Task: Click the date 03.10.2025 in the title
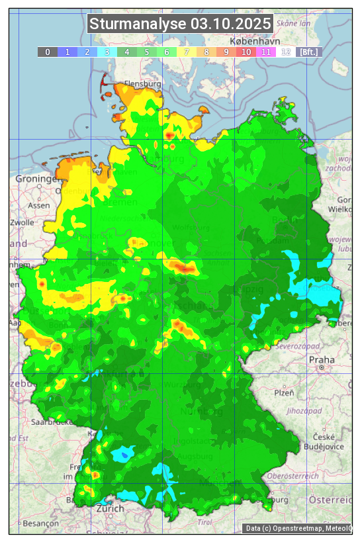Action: (231, 24)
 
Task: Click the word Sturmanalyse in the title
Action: (138, 24)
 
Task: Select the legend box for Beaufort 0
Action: (48, 52)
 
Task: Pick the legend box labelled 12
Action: (286, 52)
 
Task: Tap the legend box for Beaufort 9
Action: (226, 52)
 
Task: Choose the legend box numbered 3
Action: (107, 52)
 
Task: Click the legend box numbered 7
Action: (187, 52)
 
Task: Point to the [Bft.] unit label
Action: (308, 52)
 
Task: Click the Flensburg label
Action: (143, 84)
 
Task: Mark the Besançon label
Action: (40, 522)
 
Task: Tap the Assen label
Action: (39, 205)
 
